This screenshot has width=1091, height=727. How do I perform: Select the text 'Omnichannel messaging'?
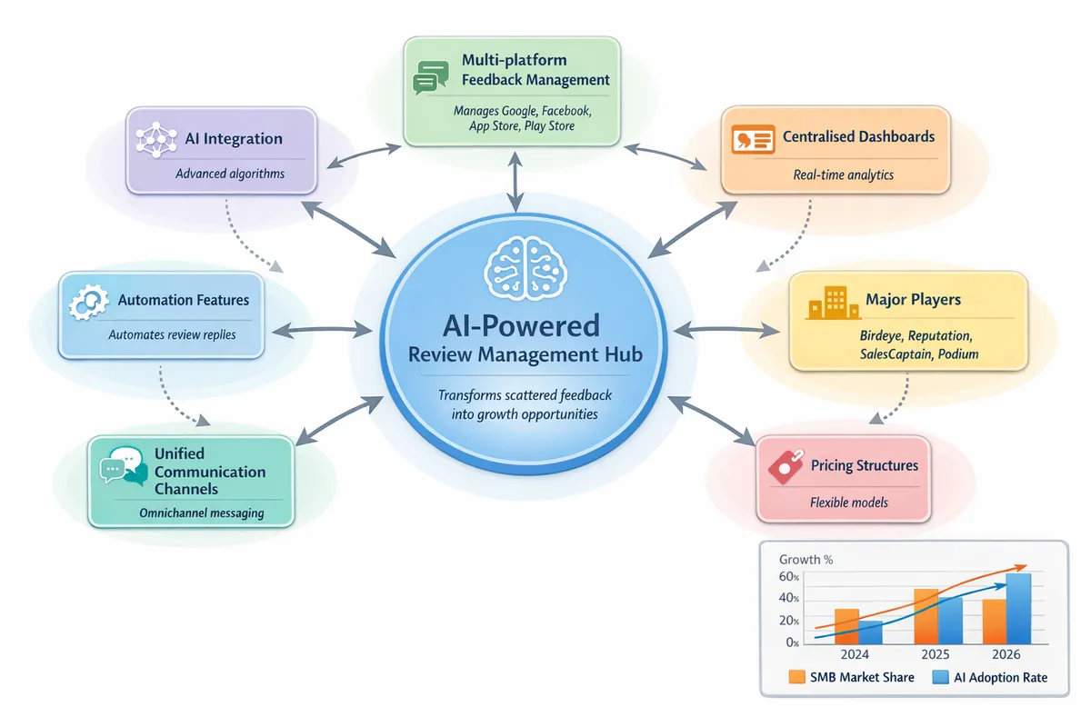(202, 513)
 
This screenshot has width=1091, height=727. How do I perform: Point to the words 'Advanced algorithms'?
(229, 174)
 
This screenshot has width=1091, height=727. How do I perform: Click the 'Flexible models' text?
(849, 502)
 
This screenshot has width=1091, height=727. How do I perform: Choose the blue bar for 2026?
(1018, 607)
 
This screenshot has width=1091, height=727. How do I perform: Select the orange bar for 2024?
(846, 625)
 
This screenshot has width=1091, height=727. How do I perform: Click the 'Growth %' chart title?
(806, 560)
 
